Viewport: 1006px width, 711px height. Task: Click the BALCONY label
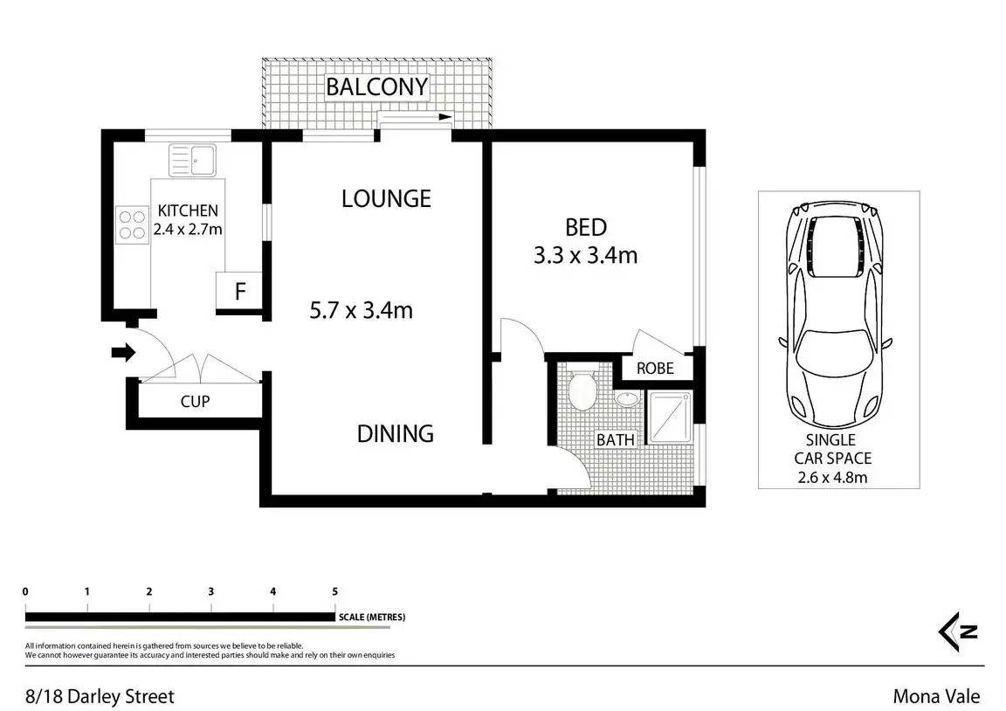click(376, 86)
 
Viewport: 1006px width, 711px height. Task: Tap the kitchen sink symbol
click(192, 160)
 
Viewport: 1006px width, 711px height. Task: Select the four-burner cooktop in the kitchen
click(132, 224)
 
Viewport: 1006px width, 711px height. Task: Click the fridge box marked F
click(239, 292)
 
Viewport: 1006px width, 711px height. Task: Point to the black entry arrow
click(123, 352)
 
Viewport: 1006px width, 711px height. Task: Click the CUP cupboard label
click(195, 402)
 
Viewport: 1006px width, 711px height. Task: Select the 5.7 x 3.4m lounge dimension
click(362, 311)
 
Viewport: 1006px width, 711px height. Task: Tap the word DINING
click(396, 434)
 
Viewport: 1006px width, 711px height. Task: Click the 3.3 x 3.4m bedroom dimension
click(586, 255)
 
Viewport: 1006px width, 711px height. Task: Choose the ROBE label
click(655, 369)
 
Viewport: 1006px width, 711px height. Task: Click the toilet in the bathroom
click(582, 390)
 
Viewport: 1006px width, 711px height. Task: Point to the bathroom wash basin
click(627, 398)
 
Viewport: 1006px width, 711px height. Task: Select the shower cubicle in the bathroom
click(670, 418)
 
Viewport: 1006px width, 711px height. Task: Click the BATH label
click(616, 440)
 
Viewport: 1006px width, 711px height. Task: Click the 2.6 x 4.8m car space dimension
click(833, 478)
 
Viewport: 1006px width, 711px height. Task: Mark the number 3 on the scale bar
click(211, 591)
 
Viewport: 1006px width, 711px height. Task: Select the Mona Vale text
click(937, 696)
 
